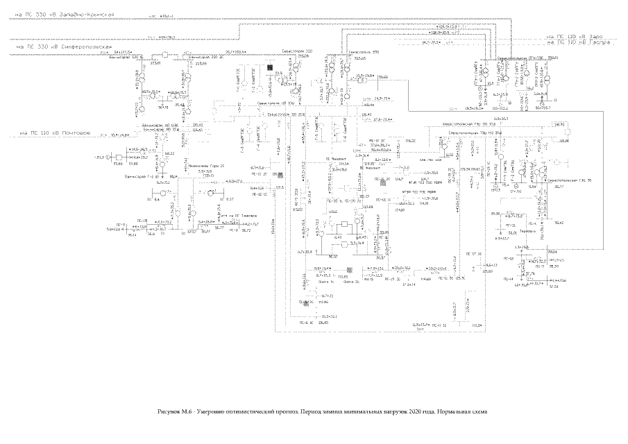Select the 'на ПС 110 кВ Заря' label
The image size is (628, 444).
[577, 36]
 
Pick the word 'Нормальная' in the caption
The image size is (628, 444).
[452, 411]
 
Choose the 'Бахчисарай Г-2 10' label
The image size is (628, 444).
[140, 178]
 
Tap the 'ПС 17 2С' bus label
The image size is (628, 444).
[473, 255]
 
